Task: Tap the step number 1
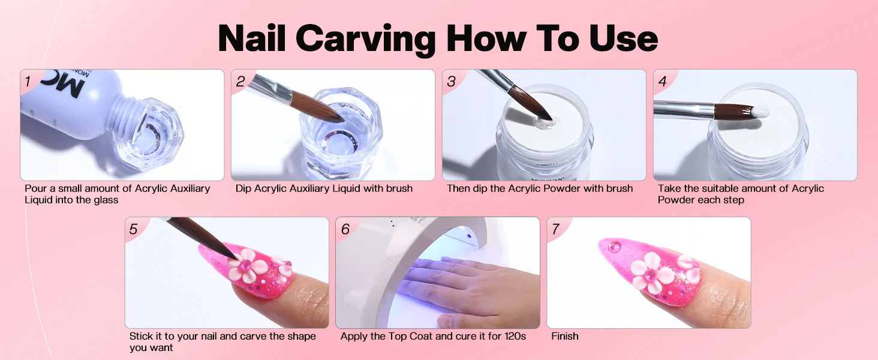28,81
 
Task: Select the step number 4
662,81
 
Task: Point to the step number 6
345,229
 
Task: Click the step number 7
556,229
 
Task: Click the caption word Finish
565,336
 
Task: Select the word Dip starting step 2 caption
243,188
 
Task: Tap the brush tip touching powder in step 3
543,119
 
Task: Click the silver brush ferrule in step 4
684,109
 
